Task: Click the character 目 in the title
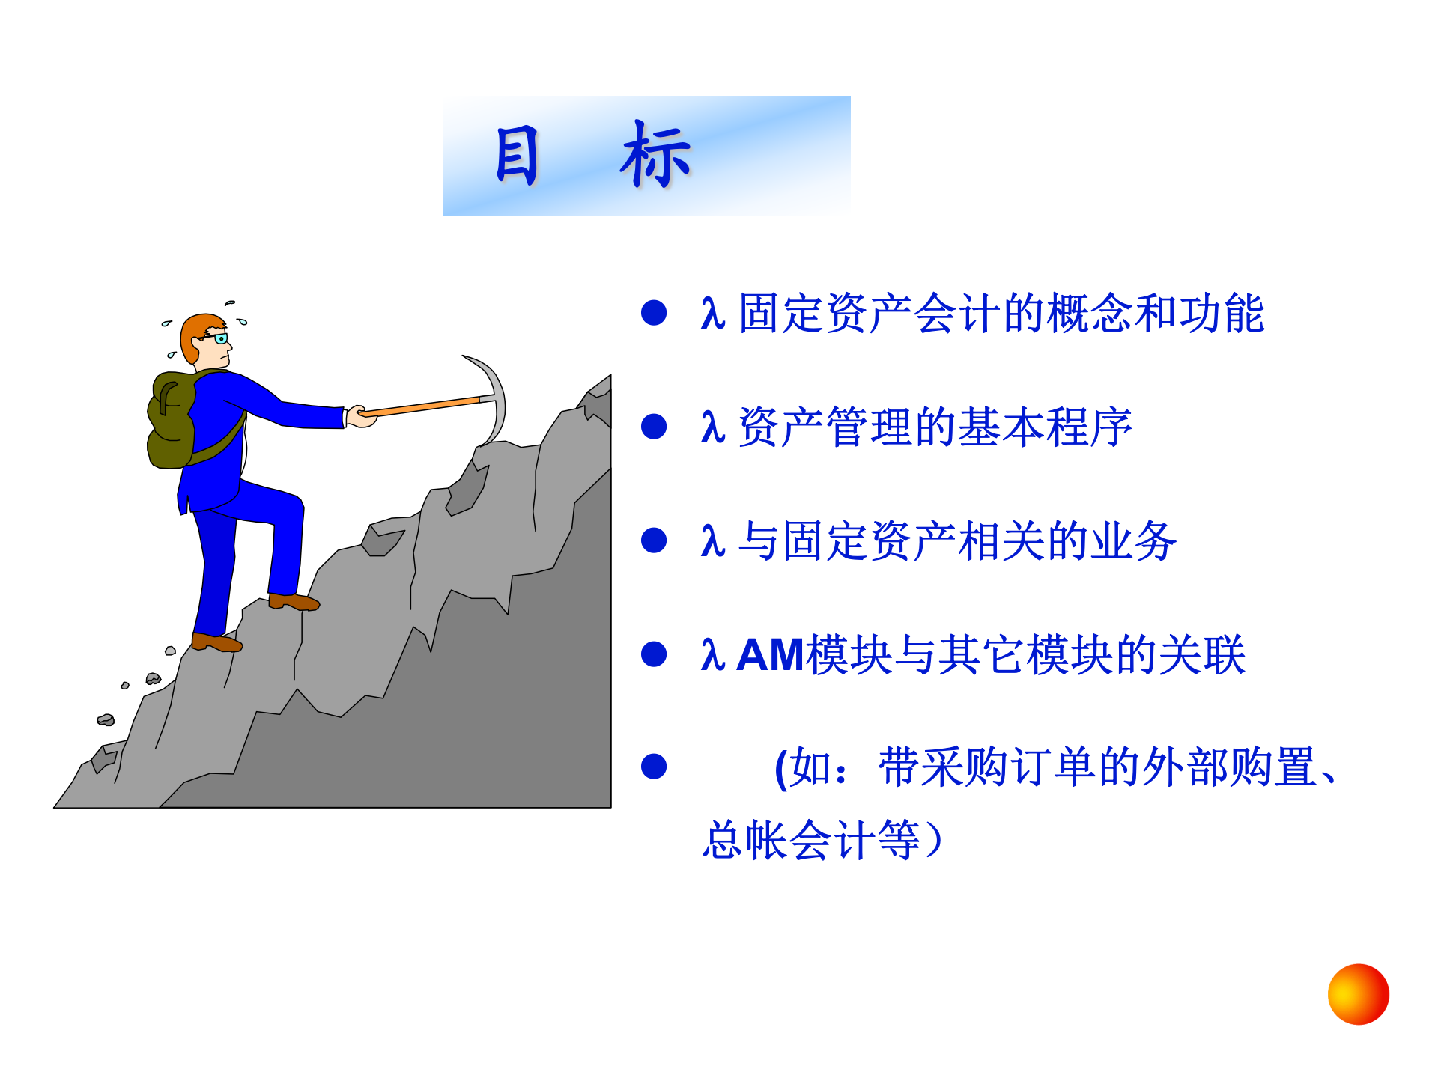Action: click(x=517, y=155)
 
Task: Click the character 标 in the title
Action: click(x=655, y=155)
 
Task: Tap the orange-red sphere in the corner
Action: click(x=1358, y=994)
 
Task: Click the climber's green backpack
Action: click(x=172, y=421)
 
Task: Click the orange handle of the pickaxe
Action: click(x=423, y=406)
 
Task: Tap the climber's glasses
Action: click(x=218, y=338)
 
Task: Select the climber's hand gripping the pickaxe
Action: click(x=361, y=416)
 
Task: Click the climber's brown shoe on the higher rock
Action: click(x=294, y=602)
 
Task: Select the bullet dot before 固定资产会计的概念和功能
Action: click(x=654, y=313)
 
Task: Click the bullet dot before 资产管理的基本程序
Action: click(x=654, y=427)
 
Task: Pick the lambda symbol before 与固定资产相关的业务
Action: click(x=712, y=540)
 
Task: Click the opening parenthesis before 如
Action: click(x=781, y=768)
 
